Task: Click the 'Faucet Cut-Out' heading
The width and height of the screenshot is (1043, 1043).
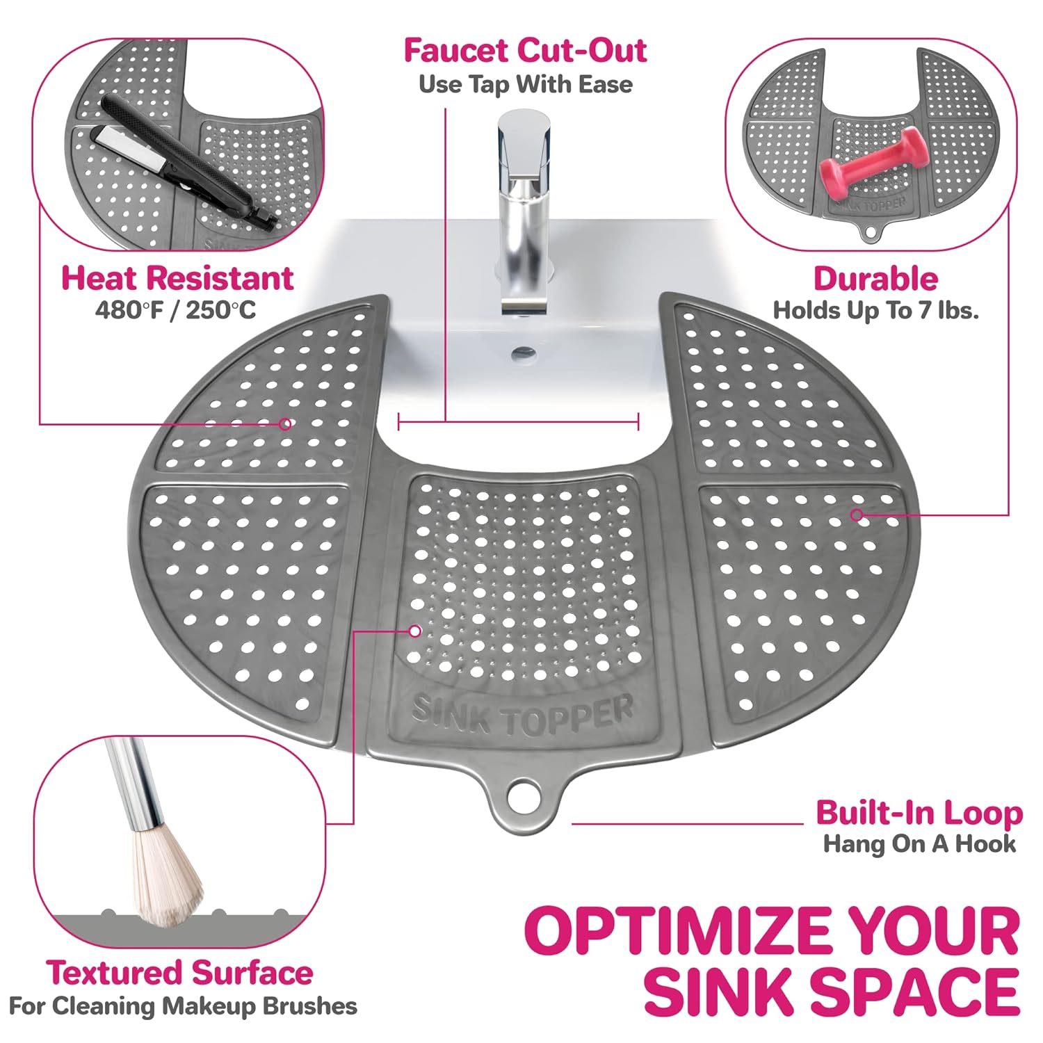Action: (x=525, y=51)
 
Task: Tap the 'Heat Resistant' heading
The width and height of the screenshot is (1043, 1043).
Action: (x=177, y=278)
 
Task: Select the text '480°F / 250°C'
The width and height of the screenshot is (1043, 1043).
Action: (x=175, y=309)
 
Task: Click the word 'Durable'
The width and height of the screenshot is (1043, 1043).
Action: (x=875, y=279)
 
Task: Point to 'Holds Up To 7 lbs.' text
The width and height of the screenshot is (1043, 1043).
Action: (x=875, y=310)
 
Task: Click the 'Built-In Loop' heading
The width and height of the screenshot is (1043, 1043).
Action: (x=919, y=813)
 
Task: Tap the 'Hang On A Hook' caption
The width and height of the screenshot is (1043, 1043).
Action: (x=919, y=844)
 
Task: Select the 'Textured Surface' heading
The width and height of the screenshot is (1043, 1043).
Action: (x=179, y=973)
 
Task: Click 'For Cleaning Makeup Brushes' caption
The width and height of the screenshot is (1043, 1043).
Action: (x=183, y=1006)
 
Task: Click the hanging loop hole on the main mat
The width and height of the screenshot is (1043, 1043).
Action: (x=523, y=794)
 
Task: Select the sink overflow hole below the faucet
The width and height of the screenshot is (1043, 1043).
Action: (x=524, y=354)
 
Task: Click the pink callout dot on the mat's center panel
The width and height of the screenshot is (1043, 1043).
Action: (x=415, y=631)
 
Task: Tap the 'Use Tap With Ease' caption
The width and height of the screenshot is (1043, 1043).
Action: (x=525, y=85)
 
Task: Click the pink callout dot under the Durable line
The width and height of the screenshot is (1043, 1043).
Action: (x=857, y=515)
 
